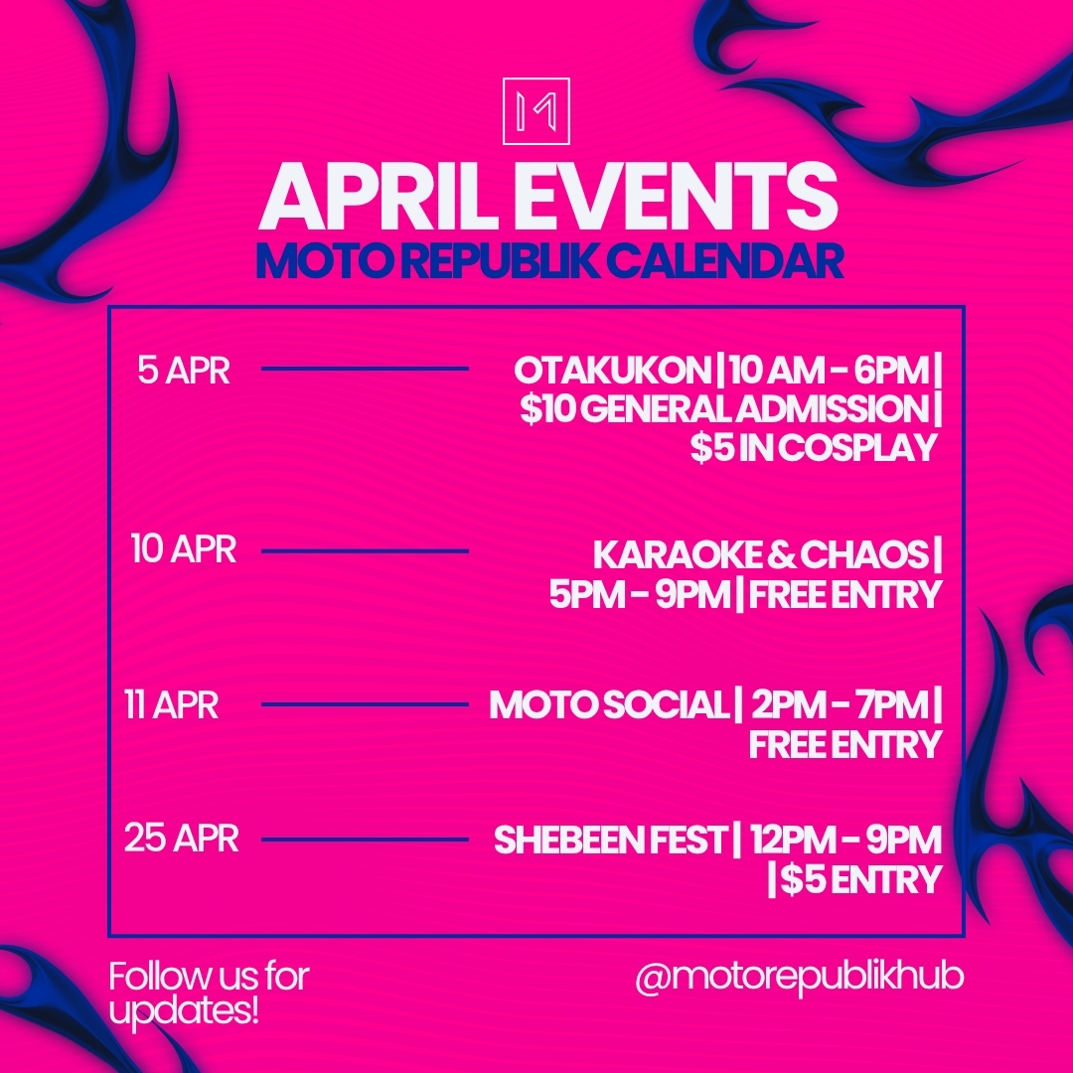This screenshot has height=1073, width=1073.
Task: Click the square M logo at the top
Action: [536, 110]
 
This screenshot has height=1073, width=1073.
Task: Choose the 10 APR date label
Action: [184, 549]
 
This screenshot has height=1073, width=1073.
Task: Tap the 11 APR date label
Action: [171, 705]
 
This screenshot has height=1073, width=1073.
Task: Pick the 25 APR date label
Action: [182, 839]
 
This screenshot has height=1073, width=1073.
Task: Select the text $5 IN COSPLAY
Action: [815, 448]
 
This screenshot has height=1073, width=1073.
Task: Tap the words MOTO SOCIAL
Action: [608, 705]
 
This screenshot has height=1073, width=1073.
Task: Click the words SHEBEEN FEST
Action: [610, 841]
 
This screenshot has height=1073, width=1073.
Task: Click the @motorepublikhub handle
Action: [800, 977]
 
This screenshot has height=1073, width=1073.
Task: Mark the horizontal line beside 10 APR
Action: [365, 550]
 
